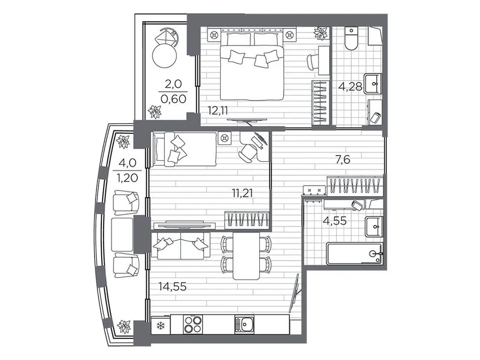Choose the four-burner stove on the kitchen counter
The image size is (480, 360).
[x=192, y=324]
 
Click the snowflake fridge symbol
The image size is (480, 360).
[x=159, y=327]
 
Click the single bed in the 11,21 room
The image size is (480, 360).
[x=184, y=149]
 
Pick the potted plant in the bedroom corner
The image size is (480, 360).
[x=320, y=33]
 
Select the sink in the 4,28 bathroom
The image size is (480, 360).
[x=373, y=84]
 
